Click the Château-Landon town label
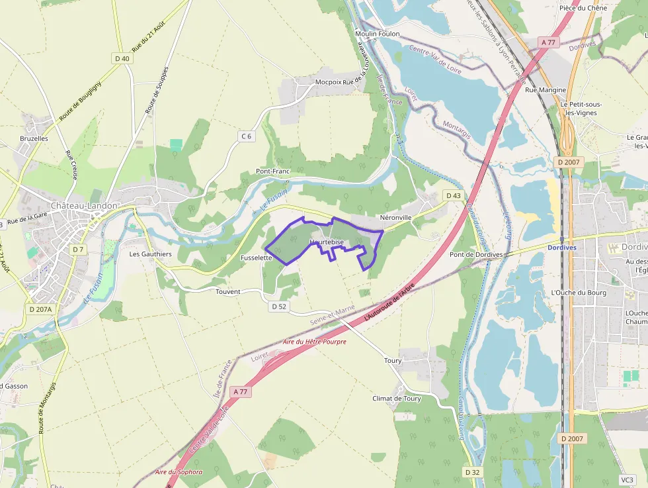pos(85,206)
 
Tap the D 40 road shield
pos(122,58)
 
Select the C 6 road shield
pos(247,136)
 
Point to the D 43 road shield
pos(453,195)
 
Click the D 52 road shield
pos(279,307)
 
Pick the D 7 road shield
pos(78,249)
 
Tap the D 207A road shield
pos(41,309)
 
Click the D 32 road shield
pos(471,472)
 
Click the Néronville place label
pos(396,217)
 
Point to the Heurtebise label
pos(327,242)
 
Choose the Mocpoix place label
pos(329,82)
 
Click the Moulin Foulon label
pos(378,34)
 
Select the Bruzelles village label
pos(34,138)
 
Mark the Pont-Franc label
pos(273,171)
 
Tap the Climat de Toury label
pos(397,399)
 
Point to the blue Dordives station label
pos(562,248)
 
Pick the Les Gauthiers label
pos(150,254)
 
